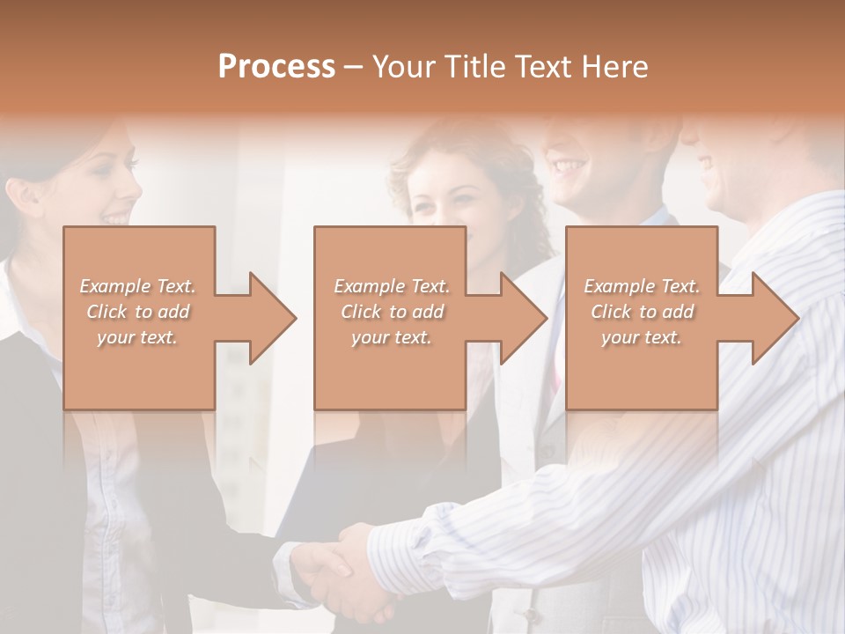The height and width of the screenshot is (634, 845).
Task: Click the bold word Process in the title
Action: (276, 67)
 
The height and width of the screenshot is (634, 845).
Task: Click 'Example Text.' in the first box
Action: (137, 286)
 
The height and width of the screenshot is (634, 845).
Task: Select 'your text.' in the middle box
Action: (391, 337)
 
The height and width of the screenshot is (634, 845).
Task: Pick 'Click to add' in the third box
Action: (642, 312)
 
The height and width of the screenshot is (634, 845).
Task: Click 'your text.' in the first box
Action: (137, 337)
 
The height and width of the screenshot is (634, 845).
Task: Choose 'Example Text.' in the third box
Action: (642, 286)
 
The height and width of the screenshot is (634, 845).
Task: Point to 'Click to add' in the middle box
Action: (391, 312)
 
